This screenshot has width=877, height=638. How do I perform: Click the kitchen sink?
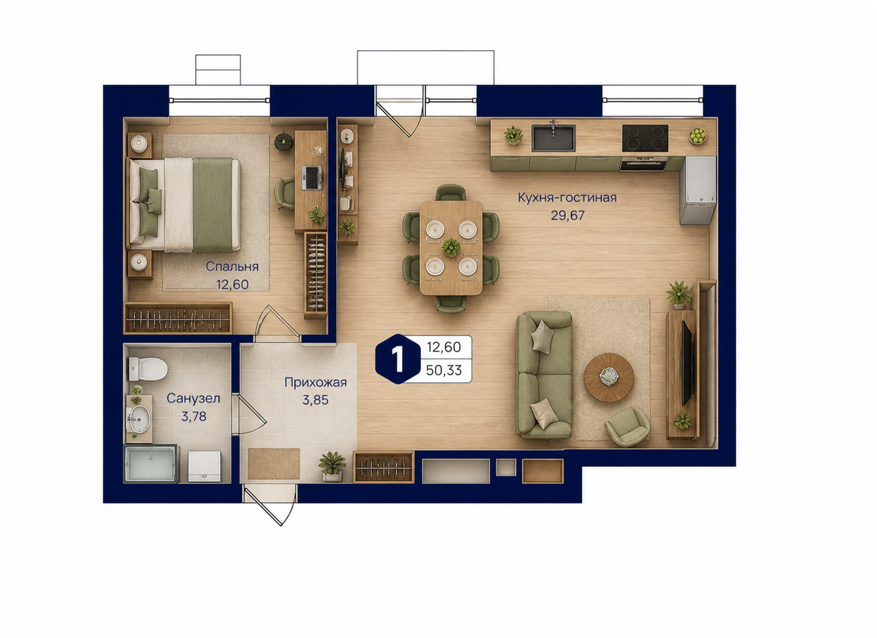click(x=553, y=138)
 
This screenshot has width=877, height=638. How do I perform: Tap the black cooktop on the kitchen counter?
click(x=646, y=138)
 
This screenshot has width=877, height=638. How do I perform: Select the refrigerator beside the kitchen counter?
click(x=697, y=191)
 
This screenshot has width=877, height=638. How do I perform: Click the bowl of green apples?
click(x=697, y=136)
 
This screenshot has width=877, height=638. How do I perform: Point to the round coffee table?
click(x=609, y=377)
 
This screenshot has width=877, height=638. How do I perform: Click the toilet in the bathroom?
click(x=147, y=368)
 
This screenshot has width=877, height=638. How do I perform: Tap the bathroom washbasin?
click(x=140, y=419)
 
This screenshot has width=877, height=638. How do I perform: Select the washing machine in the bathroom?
click(x=205, y=466)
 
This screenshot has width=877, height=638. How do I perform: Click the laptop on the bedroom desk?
click(x=311, y=178)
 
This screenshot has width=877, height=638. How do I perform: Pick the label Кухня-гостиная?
click(x=567, y=198)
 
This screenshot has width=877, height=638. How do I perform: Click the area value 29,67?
click(x=568, y=215)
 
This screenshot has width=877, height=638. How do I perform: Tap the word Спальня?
click(x=232, y=267)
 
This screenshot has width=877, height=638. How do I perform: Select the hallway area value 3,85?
click(x=315, y=400)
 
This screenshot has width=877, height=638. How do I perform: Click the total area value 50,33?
click(x=444, y=370)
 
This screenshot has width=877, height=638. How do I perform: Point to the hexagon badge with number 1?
click(x=398, y=359)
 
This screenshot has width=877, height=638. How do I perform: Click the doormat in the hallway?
click(x=274, y=464)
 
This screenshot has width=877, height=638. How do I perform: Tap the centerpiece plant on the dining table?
click(x=451, y=247)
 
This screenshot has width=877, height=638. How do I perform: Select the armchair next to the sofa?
click(x=627, y=427)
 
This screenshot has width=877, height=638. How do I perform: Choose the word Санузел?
click(x=193, y=398)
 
